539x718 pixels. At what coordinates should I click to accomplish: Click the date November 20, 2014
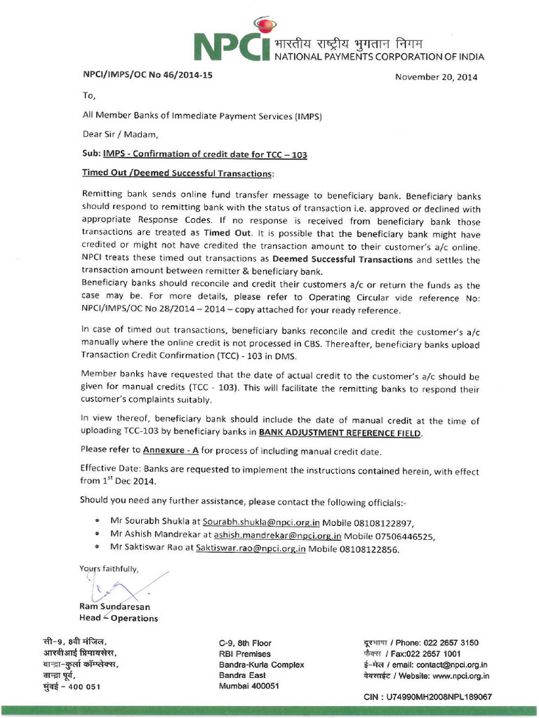tap(436, 77)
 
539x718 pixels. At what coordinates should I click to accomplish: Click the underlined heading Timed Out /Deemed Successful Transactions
tap(178, 172)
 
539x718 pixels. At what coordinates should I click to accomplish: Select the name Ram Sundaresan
tap(114, 607)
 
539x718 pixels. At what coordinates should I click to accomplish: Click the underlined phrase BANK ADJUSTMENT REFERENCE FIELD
tap(340, 433)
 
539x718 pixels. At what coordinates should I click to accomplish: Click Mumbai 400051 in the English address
tap(249, 686)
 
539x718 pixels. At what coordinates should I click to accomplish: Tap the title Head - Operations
tap(119, 618)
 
